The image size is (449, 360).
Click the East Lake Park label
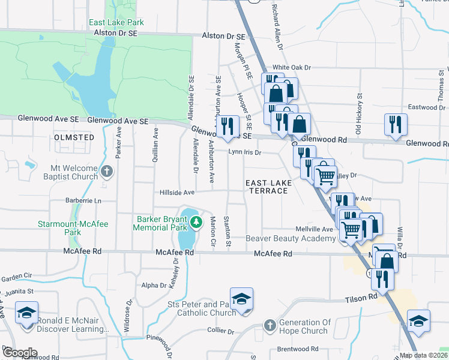116,23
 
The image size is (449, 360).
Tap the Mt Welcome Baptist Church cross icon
107,172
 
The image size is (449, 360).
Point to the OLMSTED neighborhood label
74,137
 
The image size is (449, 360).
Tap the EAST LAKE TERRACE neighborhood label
268,187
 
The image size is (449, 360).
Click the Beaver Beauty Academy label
291,239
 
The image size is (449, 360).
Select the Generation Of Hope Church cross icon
270,326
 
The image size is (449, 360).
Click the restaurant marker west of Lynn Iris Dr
226,127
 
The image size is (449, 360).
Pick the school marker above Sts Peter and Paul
241,299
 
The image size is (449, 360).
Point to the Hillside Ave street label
177,193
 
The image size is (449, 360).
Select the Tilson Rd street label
360,297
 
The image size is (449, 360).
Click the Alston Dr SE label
225,36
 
